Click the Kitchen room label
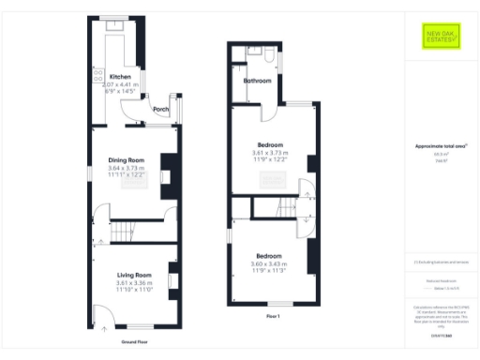click(120, 77)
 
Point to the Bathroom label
click(257, 82)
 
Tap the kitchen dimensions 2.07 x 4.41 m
click(122, 84)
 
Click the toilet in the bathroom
click(270, 58)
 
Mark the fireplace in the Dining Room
click(166, 175)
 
